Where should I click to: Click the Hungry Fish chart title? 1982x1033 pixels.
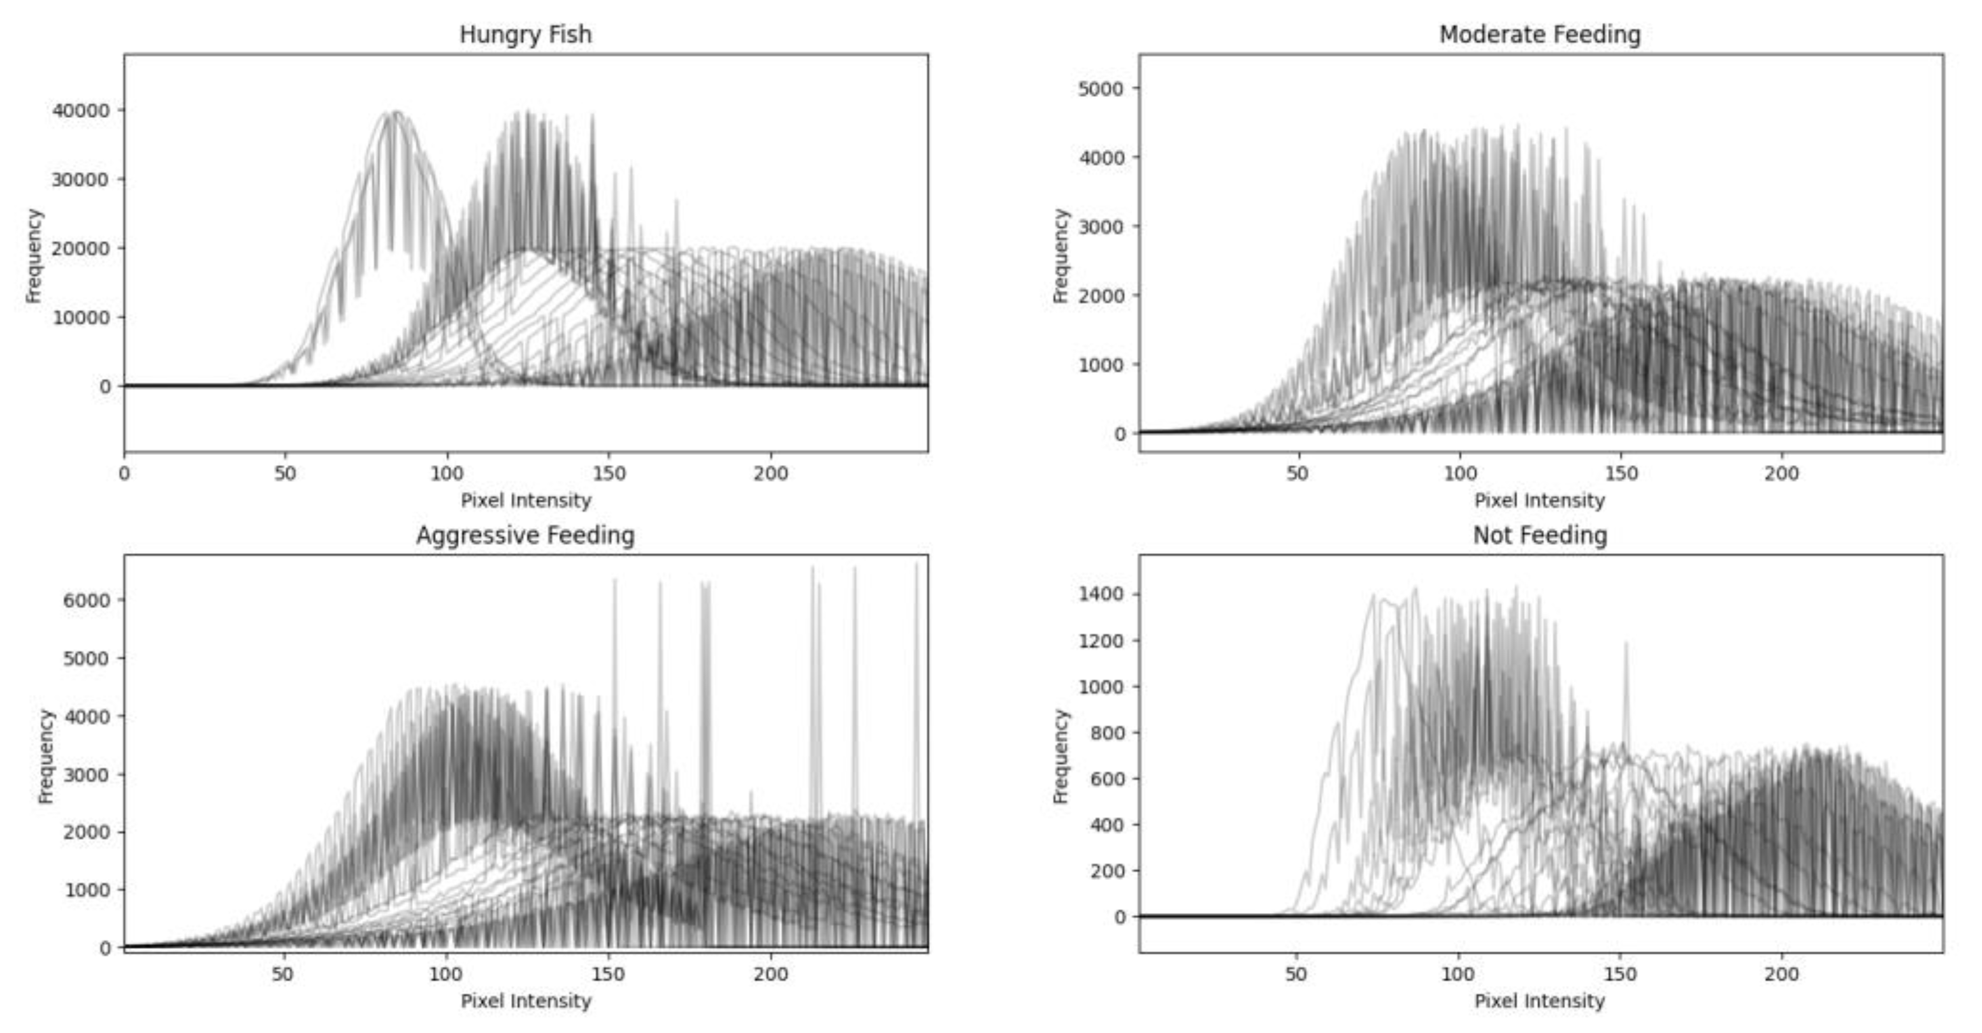click(x=526, y=34)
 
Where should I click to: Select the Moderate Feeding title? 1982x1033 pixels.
click(x=1540, y=34)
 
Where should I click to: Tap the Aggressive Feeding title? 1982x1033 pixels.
click(x=526, y=535)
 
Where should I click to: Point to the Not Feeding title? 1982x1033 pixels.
click(x=1540, y=535)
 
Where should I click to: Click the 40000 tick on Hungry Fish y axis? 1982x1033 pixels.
click(x=81, y=111)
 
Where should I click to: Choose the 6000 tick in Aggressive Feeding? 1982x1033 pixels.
click(x=86, y=600)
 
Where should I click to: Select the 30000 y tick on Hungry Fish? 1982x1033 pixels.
click(x=81, y=179)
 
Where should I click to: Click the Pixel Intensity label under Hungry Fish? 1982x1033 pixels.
click(x=526, y=501)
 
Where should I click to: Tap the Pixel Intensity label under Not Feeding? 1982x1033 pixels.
click(x=1540, y=1002)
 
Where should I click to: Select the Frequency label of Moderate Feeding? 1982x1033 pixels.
click(x=1061, y=256)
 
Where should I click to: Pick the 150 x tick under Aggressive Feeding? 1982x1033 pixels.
click(x=608, y=974)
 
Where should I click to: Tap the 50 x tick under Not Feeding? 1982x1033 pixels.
click(x=1296, y=974)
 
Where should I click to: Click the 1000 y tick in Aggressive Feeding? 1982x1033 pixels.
click(x=86, y=890)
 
